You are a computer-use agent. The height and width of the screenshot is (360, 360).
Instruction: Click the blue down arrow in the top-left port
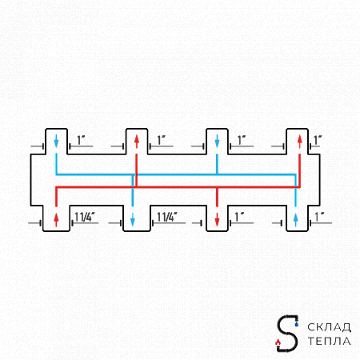56,141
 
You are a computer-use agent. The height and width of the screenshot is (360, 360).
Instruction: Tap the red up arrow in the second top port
137,142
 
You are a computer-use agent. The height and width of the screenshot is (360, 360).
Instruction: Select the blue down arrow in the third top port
217,141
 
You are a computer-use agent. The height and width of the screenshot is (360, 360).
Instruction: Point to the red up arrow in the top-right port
300,142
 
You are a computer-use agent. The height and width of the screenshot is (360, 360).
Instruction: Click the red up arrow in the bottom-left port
56,219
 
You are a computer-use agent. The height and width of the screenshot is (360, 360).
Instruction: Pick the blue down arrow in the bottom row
133,219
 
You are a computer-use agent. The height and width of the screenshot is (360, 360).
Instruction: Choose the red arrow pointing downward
217,219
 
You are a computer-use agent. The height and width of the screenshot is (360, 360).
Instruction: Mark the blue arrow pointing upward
295,219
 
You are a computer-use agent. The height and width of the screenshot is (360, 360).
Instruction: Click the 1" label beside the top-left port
81,140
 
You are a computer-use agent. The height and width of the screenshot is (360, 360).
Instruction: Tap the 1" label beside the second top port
162,140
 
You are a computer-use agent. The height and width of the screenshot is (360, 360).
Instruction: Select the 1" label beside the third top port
242,140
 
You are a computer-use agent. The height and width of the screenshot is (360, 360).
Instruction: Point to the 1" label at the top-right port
318,140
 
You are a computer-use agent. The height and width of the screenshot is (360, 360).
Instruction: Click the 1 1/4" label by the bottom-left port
85,217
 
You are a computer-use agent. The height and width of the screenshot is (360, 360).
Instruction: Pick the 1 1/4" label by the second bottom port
167,217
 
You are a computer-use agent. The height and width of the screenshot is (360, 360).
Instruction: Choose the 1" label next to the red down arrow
240,217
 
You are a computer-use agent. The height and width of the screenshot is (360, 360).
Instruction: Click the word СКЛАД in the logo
329,327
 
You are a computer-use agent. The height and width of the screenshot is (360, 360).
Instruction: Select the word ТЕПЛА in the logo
329,341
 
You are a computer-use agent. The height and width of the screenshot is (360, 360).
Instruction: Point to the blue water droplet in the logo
297,324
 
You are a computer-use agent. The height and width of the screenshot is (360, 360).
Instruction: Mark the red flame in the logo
278,342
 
